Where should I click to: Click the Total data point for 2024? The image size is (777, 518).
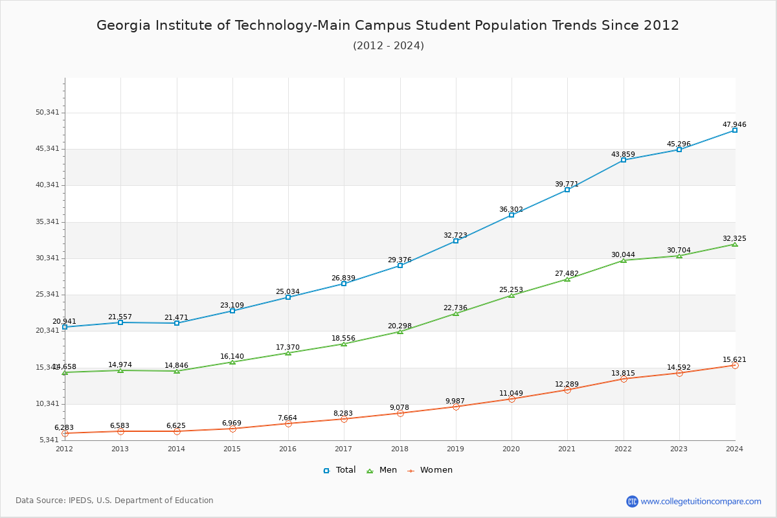click(735, 130)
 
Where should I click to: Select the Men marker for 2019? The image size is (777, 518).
click(456, 313)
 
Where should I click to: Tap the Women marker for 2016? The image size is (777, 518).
click(288, 423)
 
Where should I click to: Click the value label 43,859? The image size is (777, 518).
click(623, 154)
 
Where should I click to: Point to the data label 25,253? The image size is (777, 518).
click(511, 289)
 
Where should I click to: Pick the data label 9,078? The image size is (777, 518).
click(400, 407)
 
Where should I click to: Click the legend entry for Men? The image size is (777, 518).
click(383, 470)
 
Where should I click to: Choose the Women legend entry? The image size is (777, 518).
click(430, 470)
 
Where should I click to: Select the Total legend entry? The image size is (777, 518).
click(339, 470)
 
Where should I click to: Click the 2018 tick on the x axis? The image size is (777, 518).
click(400, 449)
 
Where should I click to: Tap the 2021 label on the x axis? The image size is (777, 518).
click(567, 449)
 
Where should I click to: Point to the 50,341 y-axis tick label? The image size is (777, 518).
click(47, 112)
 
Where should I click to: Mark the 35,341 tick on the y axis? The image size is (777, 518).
click(47, 221)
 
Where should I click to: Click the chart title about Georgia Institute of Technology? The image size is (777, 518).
click(388, 25)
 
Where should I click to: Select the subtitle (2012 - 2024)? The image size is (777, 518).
click(388, 45)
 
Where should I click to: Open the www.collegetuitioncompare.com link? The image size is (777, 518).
click(701, 501)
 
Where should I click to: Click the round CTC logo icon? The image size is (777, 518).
click(632, 501)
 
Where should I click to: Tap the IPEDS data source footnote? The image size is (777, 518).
click(115, 501)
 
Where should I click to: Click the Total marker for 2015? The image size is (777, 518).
click(232, 311)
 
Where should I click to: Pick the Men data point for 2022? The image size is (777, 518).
click(624, 260)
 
